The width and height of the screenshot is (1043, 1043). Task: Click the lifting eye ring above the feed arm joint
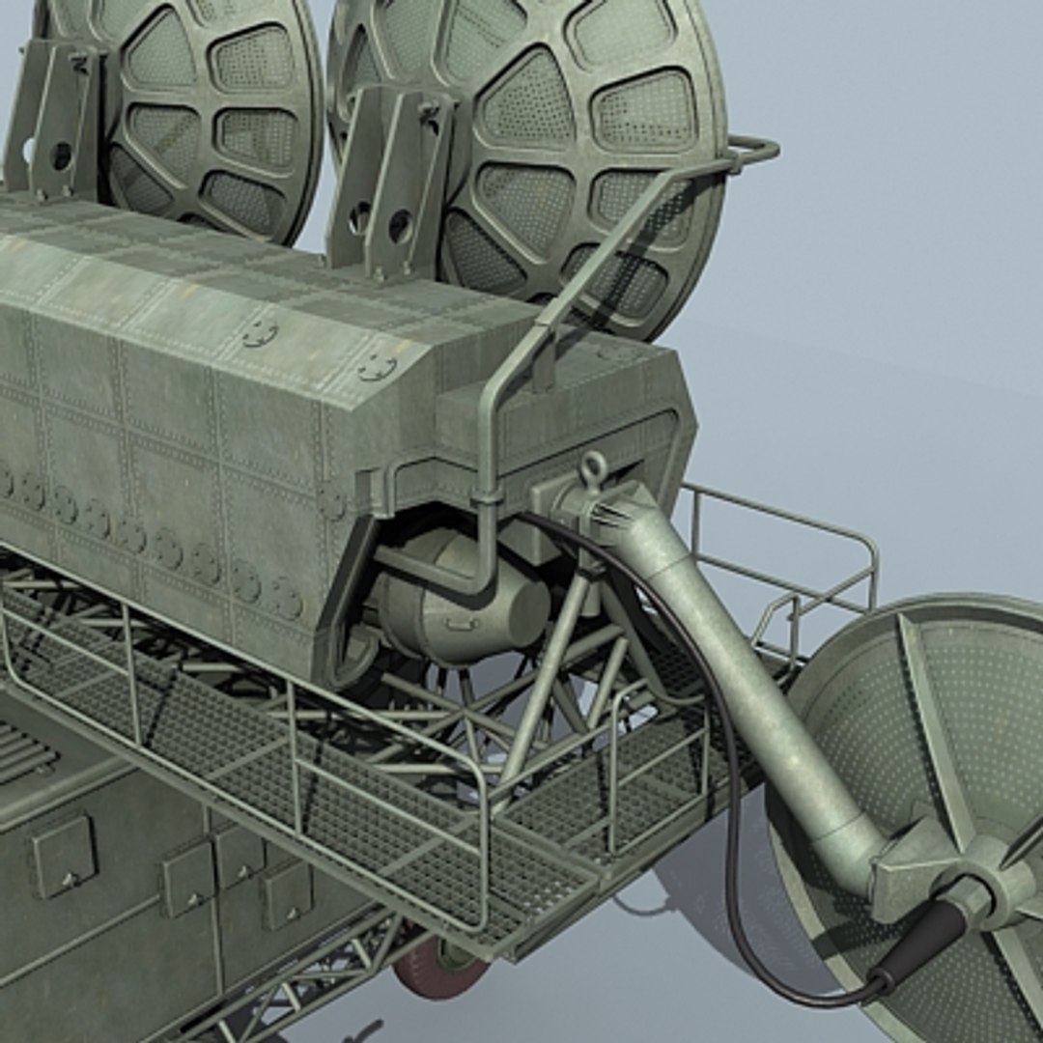pyautogui.click(x=593, y=469)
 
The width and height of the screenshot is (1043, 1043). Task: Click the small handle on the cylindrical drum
pyautogui.click(x=462, y=624)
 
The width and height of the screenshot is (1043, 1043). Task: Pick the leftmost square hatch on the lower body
pyautogui.click(x=64, y=856)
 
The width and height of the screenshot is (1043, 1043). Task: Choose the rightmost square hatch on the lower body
pyautogui.click(x=288, y=892)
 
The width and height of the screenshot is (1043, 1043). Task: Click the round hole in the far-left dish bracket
pyautogui.click(x=62, y=155)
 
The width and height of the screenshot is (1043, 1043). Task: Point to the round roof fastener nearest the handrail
pyautogui.click(x=377, y=366)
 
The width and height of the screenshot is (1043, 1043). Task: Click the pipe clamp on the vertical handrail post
pyautogui.click(x=486, y=498)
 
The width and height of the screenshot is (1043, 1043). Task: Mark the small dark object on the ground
pyautogui.click(x=366, y=1029)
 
